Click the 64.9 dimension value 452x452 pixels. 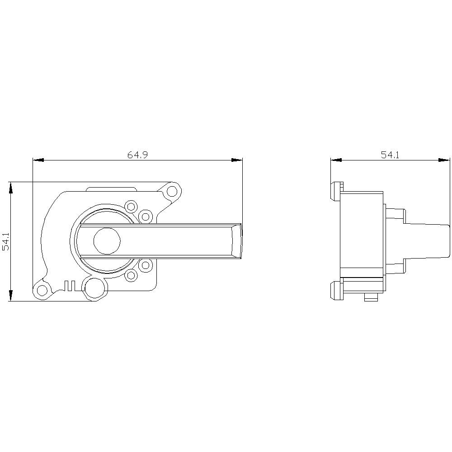click(x=138, y=155)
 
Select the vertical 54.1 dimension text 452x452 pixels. click(x=5, y=242)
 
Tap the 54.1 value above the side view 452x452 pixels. click(x=390, y=155)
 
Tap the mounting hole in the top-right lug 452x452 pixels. click(x=172, y=192)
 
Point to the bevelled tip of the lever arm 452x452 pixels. click(x=236, y=241)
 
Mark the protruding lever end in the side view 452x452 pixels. click(x=427, y=241)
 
